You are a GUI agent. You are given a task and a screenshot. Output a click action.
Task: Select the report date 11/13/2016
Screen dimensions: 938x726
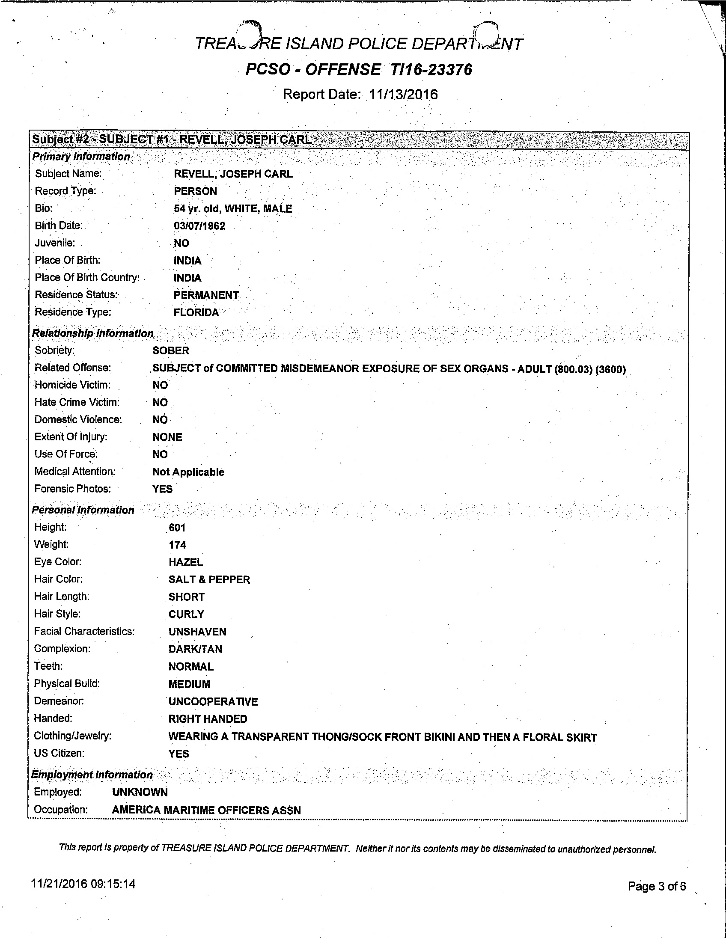click(x=403, y=95)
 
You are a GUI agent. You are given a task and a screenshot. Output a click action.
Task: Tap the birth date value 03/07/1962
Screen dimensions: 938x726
click(x=199, y=226)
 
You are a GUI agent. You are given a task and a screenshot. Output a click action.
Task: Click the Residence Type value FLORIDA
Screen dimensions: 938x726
click(x=196, y=312)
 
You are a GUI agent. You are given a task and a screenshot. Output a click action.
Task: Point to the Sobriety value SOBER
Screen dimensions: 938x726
click(x=170, y=350)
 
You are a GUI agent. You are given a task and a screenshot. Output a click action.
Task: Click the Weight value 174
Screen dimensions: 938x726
click(x=177, y=545)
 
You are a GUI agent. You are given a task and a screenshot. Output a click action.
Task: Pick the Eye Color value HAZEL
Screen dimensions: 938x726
click(x=186, y=562)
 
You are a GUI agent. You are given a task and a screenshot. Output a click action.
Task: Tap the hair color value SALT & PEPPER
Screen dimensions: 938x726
click(x=209, y=579)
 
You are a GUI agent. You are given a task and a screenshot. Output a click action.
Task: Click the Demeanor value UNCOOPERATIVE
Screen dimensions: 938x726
click(x=213, y=701)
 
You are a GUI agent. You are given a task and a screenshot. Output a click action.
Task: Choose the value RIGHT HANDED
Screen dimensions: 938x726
click(x=208, y=719)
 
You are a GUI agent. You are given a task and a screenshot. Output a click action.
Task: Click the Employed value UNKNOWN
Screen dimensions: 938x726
click(x=140, y=792)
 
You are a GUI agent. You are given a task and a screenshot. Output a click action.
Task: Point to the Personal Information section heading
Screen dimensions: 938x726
click(x=83, y=510)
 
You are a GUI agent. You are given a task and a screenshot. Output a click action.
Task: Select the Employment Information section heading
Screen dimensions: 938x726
click(x=92, y=775)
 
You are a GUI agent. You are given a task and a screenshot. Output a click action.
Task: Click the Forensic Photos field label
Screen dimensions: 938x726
click(x=73, y=489)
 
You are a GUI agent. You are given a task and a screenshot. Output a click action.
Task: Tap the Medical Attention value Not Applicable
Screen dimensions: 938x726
click(x=188, y=472)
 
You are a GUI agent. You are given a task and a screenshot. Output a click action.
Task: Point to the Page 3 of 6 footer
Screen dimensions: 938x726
click(x=657, y=887)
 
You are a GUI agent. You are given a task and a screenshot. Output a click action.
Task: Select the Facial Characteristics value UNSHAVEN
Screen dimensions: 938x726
click(x=197, y=632)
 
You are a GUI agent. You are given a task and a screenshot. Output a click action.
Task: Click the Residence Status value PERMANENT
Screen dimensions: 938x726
click(x=206, y=295)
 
